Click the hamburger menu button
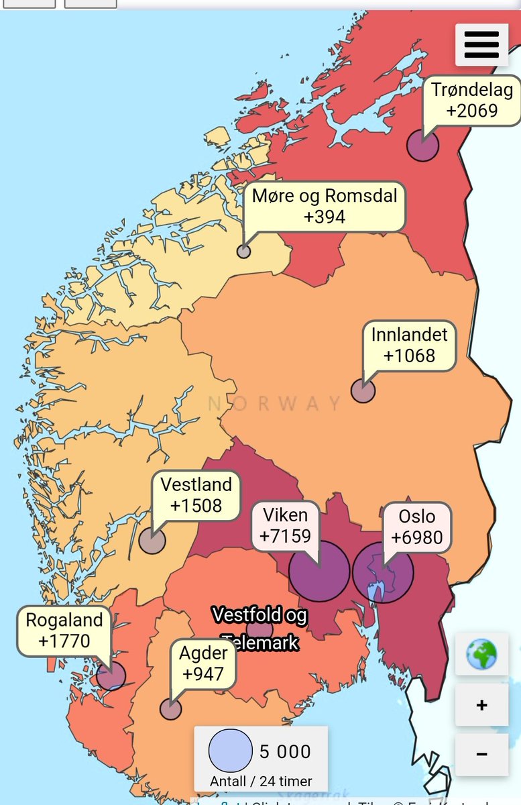point(481,44)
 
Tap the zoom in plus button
point(481,705)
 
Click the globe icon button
point(481,654)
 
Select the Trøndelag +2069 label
point(472,100)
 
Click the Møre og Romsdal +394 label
point(324,206)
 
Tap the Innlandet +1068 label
point(409,345)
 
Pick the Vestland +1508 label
point(196,495)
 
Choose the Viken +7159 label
point(285,526)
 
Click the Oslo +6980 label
point(416,527)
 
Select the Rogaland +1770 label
point(64,631)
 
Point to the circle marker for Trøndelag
point(423,146)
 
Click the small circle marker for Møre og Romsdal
point(243,252)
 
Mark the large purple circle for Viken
point(319,572)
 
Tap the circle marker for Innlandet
point(363,391)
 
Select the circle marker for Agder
point(170,708)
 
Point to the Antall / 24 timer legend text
point(260,782)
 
